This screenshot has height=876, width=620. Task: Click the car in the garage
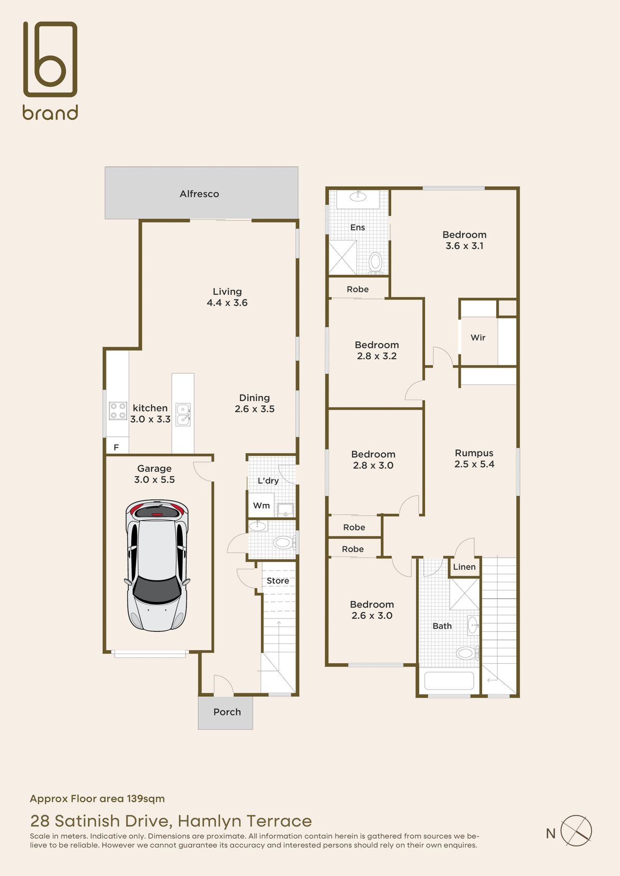pyautogui.click(x=157, y=565)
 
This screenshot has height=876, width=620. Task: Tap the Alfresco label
pyautogui.click(x=199, y=194)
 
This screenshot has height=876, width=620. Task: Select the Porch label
pyautogui.click(x=227, y=712)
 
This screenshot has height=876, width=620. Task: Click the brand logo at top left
pyautogui.click(x=50, y=70)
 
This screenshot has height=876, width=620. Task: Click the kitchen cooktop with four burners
pyautogui.click(x=118, y=411)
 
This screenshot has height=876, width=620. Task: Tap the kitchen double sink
pyautogui.click(x=183, y=415)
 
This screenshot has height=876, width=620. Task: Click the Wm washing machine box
pyautogui.click(x=261, y=505)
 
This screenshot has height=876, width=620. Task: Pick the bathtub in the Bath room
pyautogui.click(x=449, y=681)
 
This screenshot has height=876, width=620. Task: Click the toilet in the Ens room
pyautogui.click(x=376, y=262)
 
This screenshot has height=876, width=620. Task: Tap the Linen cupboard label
pyautogui.click(x=464, y=567)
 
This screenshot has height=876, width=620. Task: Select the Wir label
pyautogui.click(x=478, y=338)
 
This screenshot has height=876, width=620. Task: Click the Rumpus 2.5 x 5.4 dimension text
pyautogui.click(x=474, y=464)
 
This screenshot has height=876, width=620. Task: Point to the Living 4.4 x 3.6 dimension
pyautogui.click(x=227, y=302)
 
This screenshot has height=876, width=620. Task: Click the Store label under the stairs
pyautogui.click(x=278, y=581)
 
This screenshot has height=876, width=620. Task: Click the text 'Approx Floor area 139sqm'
pyautogui.click(x=98, y=799)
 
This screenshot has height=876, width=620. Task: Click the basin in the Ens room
pyautogui.click(x=358, y=196)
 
